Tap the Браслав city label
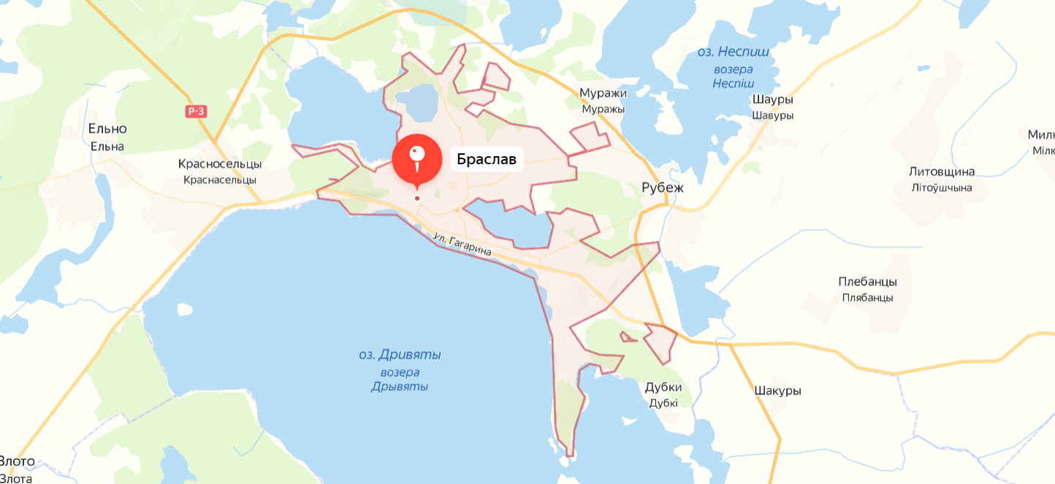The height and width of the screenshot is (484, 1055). coord(487,159)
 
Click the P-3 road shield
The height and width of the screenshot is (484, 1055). coord(196,112)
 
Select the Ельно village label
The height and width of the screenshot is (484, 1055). coord(107,129)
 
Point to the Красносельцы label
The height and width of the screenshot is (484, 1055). coord(220,164)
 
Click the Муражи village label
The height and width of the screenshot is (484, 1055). coord(603,93)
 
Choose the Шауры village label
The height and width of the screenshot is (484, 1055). coord(772,100)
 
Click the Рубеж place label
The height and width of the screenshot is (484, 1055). coord(662,188)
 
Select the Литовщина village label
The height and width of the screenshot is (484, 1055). coord(942,172)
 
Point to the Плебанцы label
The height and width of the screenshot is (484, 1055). coord(867,282)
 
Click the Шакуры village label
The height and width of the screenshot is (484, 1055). coord(777,391)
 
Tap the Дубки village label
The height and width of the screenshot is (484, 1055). coord(663,387)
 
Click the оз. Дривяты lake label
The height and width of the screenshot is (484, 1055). coord(400,356)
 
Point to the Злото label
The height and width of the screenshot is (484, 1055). coord(16,462)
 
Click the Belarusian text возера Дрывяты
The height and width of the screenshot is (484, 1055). coord(400,380)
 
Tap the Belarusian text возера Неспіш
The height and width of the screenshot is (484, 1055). coord(733,76)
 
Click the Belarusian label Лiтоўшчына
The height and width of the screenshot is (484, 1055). coord(942,188)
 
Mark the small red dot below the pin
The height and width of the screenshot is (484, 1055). coord(417,198)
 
